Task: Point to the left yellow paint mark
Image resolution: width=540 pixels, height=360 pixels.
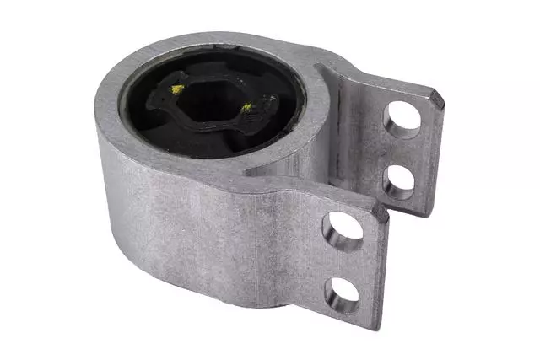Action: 177,89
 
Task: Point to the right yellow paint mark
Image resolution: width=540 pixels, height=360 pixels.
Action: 246,108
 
